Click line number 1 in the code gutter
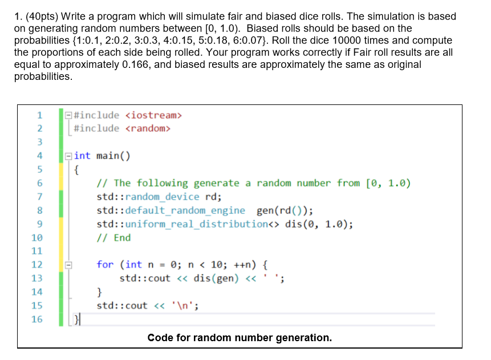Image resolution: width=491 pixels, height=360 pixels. pos(40,115)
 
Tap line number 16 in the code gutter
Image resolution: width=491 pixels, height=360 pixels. pos(37,319)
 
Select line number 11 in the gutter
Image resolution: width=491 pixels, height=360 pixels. pos(37,251)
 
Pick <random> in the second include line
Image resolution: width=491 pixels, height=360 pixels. pos(147,128)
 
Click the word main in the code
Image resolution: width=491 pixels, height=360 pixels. pos(107,156)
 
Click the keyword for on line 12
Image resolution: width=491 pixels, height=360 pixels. pos(105,265)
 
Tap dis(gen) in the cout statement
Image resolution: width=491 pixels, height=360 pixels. pos(216,278)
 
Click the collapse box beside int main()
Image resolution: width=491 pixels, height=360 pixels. pos(68,156)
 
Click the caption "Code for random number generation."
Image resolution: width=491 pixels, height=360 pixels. pos(240,338)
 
